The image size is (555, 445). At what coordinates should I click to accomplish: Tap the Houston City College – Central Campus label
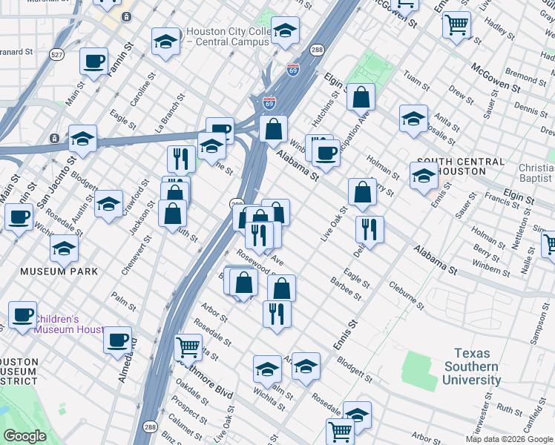(x=226, y=36)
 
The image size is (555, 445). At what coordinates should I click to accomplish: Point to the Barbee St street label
(x=346, y=290)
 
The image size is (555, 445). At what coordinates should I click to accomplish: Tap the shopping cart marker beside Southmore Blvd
(x=188, y=346)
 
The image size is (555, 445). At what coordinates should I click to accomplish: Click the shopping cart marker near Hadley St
(x=456, y=24)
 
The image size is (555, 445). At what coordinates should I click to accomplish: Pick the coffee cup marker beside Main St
(x=93, y=62)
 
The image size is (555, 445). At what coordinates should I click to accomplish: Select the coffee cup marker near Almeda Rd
(x=117, y=340)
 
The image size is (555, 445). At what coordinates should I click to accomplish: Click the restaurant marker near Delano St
(x=370, y=229)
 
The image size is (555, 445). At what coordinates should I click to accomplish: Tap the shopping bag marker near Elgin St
(x=361, y=97)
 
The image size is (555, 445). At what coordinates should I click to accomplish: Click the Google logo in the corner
(x=24, y=435)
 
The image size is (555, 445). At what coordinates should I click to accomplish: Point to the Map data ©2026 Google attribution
(x=509, y=439)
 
